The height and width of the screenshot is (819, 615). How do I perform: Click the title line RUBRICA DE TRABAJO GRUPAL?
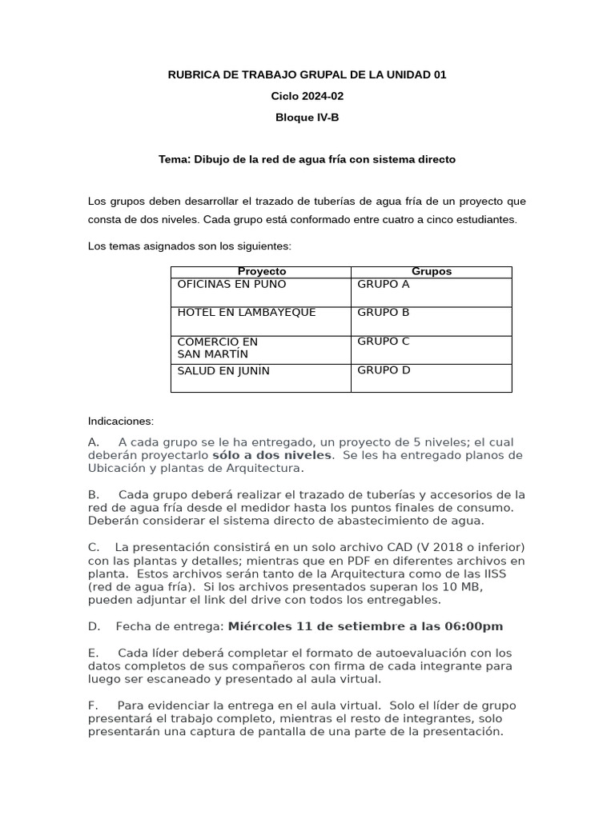(307, 75)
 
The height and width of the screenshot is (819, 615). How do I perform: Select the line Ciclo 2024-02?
(307, 96)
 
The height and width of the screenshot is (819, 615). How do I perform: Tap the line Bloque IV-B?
(307, 117)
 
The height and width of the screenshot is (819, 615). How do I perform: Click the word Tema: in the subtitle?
(174, 159)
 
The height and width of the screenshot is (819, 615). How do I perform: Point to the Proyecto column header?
(261, 272)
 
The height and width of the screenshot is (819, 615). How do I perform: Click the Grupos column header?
(431, 272)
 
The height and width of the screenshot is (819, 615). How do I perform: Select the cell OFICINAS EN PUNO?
(231, 285)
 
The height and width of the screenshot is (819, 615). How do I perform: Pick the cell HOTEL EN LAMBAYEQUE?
(246, 313)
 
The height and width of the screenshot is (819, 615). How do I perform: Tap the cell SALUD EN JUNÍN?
(223, 371)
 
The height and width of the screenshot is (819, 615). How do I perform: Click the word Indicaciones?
(120, 421)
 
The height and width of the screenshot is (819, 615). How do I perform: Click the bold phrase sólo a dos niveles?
(271, 455)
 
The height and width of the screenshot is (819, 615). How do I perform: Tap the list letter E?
(93, 653)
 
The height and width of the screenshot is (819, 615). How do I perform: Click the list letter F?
(93, 705)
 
